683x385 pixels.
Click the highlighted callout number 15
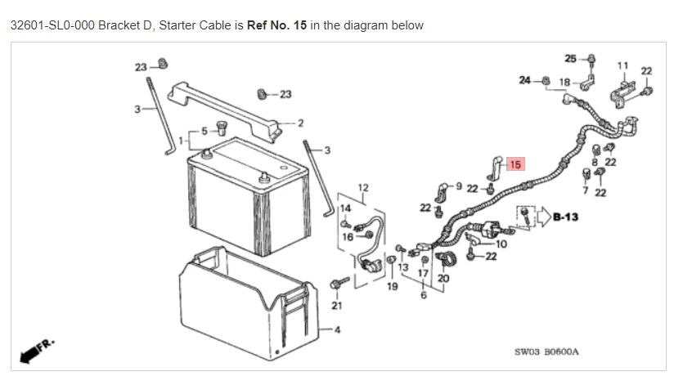tap(514, 164)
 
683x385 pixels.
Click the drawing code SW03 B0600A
tap(546, 351)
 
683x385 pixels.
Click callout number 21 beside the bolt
tap(337, 305)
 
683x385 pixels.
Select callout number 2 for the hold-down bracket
tap(300, 123)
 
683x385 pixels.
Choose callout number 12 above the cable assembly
tap(363, 188)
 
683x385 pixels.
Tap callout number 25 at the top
tap(570, 58)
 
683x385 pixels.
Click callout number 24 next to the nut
tap(524, 80)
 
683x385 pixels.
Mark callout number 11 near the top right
tap(622, 65)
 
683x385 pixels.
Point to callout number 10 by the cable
tap(501, 244)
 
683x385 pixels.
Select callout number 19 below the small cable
tap(392, 287)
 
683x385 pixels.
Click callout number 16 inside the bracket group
tap(347, 236)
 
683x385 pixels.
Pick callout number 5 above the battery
tap(205, 130)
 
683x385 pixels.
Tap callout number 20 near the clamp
tap(443, 278)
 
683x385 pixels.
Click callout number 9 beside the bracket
tap(459, 186)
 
